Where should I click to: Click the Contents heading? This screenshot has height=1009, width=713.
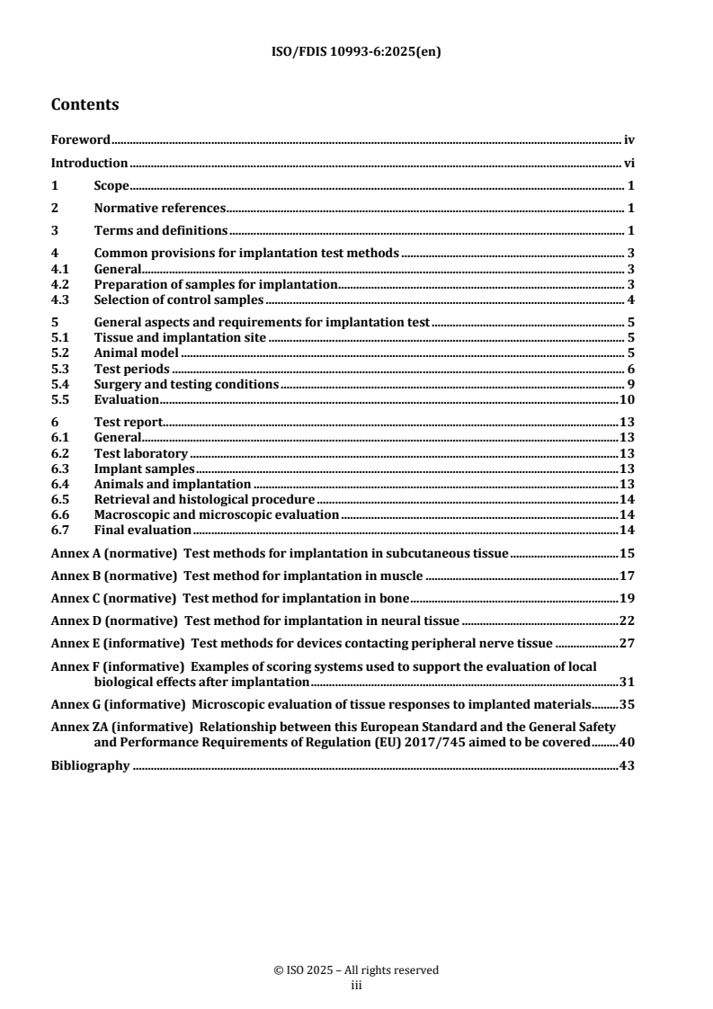pyautogui.click(x=85, y=104)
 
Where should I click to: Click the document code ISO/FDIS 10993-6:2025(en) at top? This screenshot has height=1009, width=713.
pyautogui.click(x=356, y=51)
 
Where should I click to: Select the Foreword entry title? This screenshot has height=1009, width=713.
pyautogui.click(x=80, y=140)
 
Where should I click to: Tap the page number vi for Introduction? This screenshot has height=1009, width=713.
pyautogui.click(x=629, y=164)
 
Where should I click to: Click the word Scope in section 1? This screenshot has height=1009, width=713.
pyautogui.click(x=111, y=186)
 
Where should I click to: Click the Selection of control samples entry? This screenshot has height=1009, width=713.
pyautogui.click(x=179, y=299)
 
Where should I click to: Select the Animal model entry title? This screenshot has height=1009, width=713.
pyautogui.click(x=137, y=353)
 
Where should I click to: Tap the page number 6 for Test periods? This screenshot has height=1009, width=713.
pyautogui.click(x=632, y=369)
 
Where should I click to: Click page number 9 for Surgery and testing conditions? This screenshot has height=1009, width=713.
pyautogui.click(x=632, y=384)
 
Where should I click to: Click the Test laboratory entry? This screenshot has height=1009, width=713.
pyautogui.click(x=140, y=453)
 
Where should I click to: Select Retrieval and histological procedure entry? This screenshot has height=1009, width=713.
pyautogui.click(x=204, y=499)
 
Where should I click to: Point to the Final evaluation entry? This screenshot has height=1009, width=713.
pyautogui.click(x=142, y=530)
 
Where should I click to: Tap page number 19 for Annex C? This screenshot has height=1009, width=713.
pyautogui.click(x=627, y=597)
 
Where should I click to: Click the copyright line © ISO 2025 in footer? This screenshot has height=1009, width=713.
pyautogui.click(x=356, y=969)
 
